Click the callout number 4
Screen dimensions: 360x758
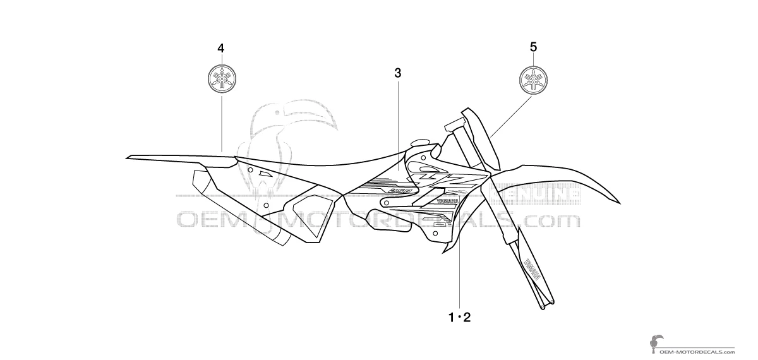pos(220,48)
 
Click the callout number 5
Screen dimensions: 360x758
pos(534,47)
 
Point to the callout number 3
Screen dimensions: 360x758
pos(397,73)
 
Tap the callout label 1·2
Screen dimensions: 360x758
pos(459,317)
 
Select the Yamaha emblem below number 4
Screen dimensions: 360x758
pos(221,79)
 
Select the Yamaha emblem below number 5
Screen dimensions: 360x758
pos(534,79)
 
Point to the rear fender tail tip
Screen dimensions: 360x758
pos(129,156)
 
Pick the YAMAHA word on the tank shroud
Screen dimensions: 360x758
pos(445,201)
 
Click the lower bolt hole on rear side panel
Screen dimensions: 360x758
pos(266,205)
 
